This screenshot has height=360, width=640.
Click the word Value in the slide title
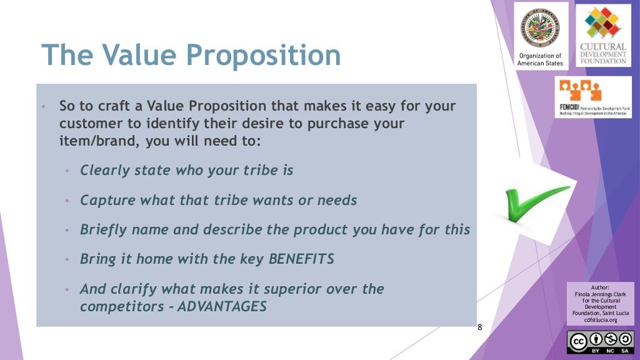(136, 55)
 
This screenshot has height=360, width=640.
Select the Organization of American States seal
(540, 28)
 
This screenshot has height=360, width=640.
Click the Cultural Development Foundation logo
(603, 36)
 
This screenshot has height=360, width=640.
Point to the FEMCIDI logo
(595, 97)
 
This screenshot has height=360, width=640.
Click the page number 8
(480, 327)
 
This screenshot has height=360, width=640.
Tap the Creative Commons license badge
(601, 342)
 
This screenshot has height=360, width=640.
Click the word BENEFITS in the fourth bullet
(301, 259)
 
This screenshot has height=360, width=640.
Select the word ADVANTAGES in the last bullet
(222, 307)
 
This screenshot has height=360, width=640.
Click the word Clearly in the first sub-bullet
(105, 170)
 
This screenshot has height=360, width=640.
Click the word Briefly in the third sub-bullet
(103, 229)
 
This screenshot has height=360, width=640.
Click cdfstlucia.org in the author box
(600, 320)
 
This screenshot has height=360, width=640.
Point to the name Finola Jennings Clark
(600, 294)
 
